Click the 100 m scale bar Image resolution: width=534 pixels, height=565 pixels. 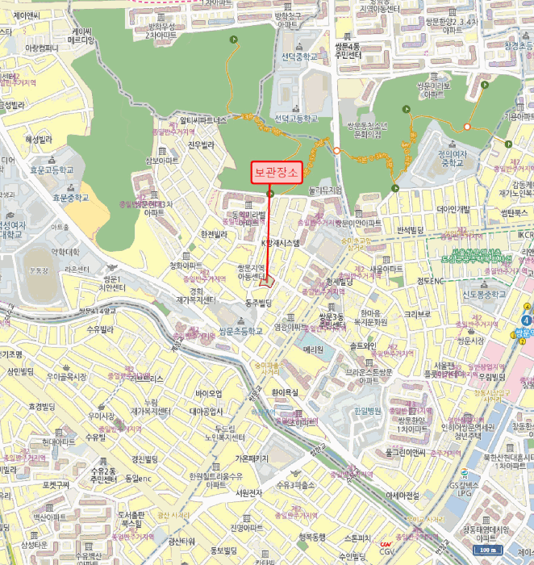(x=485, y=550)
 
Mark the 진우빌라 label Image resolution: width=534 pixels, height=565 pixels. (x=202, y=145)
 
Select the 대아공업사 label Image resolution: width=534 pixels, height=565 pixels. (x=211, y=411)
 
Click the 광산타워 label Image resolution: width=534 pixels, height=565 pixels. (x=183, y=541)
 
